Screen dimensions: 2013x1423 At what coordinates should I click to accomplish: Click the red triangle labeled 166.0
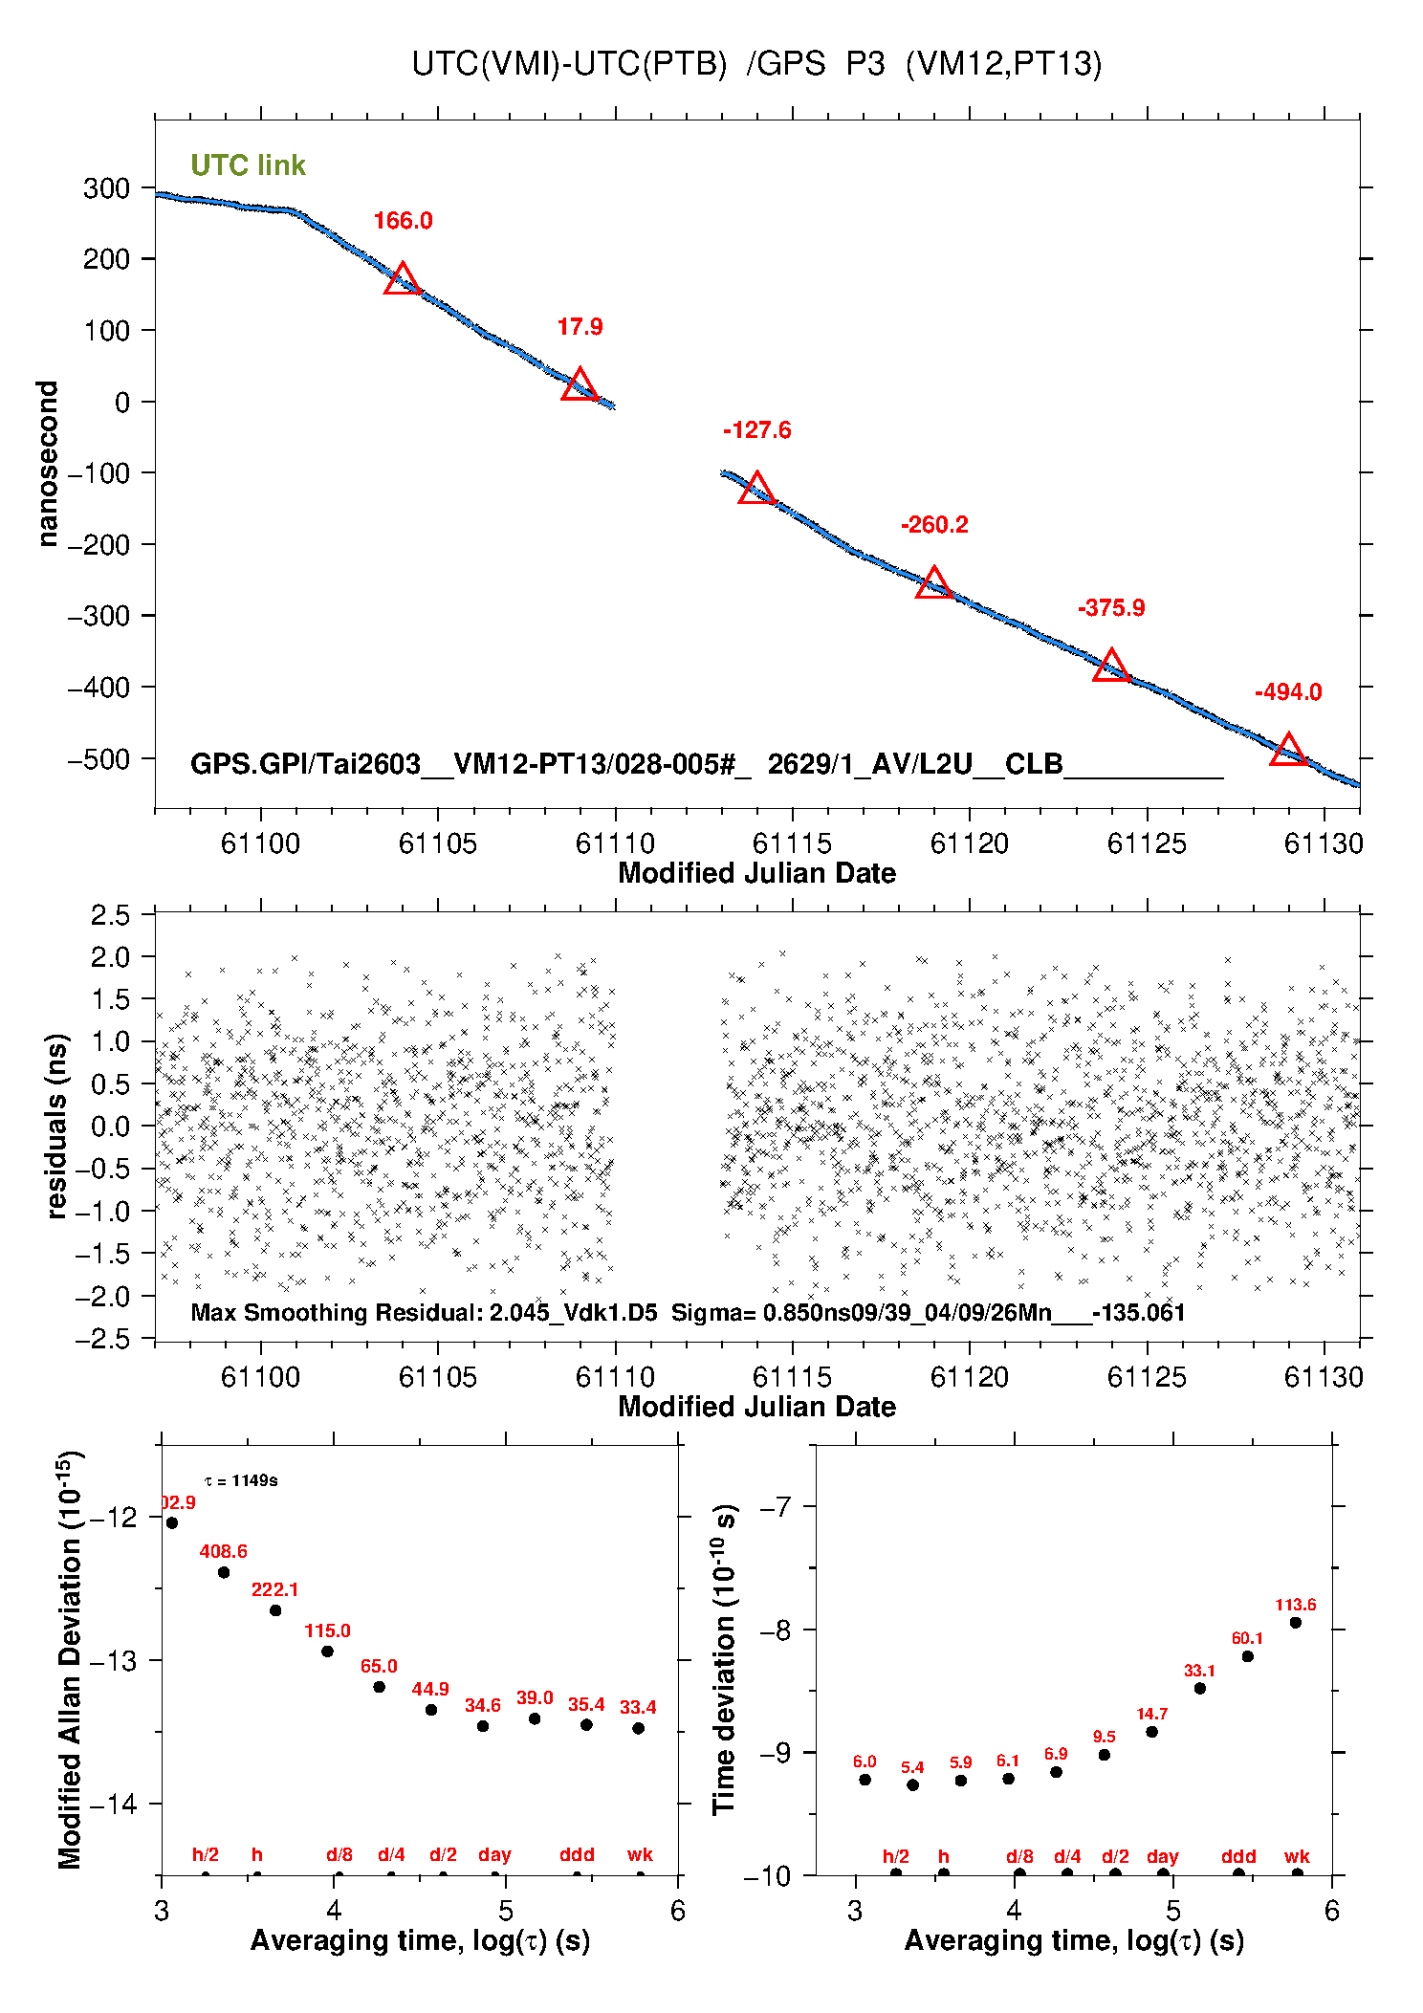[403, 279]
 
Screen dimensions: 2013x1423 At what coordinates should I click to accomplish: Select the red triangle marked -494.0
[1288, 750]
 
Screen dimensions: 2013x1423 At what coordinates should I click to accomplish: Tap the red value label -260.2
[934, 525]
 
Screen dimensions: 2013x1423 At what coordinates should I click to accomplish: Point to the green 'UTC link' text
[248, 165]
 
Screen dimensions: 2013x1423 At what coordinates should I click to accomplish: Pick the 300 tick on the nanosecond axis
[106, 188]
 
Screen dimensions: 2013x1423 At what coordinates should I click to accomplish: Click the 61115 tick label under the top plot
[792, 843]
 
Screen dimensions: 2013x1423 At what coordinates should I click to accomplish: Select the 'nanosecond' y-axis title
[47, 463]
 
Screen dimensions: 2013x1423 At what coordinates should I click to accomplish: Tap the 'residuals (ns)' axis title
[56, 1126]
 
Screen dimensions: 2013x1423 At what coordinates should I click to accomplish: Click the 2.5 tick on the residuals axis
[110, 915]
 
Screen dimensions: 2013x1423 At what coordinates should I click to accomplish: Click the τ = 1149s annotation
[241, 1481]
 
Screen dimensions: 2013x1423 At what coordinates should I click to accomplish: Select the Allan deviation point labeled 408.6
[224, 1572]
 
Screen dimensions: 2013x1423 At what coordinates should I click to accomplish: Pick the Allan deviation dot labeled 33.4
[638, 1728]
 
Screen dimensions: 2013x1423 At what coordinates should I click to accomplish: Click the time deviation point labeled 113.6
[1296, 1623]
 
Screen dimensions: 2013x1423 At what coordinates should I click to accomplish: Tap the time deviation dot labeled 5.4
[912, 1784]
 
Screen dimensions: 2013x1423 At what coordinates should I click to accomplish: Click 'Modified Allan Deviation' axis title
[70, 1659]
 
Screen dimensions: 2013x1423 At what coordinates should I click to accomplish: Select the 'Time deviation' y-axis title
[724, 1659]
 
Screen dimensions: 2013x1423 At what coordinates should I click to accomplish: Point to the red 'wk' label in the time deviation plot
[1297, 1856]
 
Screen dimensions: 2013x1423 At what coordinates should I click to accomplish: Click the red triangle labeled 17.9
[580, 385]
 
